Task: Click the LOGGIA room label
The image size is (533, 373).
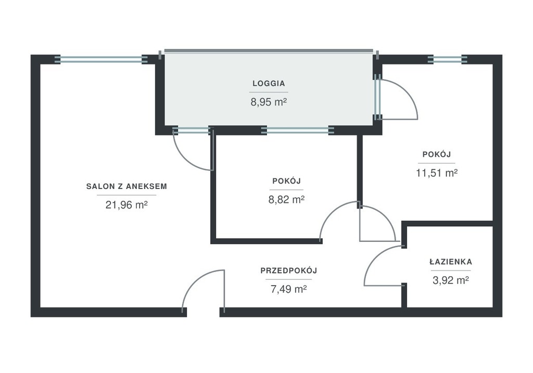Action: (x=269, y=83)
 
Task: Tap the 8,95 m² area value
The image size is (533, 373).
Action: (x=269, y=102)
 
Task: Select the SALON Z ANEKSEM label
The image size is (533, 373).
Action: (x=126, y=186)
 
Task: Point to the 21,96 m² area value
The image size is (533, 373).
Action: (x=126, y=205)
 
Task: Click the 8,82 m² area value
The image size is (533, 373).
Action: (x=286, y=199)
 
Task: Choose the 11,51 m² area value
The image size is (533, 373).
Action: (x=437, y=173)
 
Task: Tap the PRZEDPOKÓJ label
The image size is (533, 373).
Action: (x=288, y=271)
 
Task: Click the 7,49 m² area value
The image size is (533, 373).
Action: (x=288, y=289)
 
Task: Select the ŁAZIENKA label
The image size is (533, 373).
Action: (x=451, y=262)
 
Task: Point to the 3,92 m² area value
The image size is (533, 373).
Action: (x=451, y=280)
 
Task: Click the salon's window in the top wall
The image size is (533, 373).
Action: (x=101, y=59)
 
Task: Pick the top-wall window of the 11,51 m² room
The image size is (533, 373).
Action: (x=447, y=59)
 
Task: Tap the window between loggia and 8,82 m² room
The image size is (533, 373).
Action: (x=297, y=130)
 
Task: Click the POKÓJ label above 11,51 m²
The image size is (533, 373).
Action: (x=437, y=154)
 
